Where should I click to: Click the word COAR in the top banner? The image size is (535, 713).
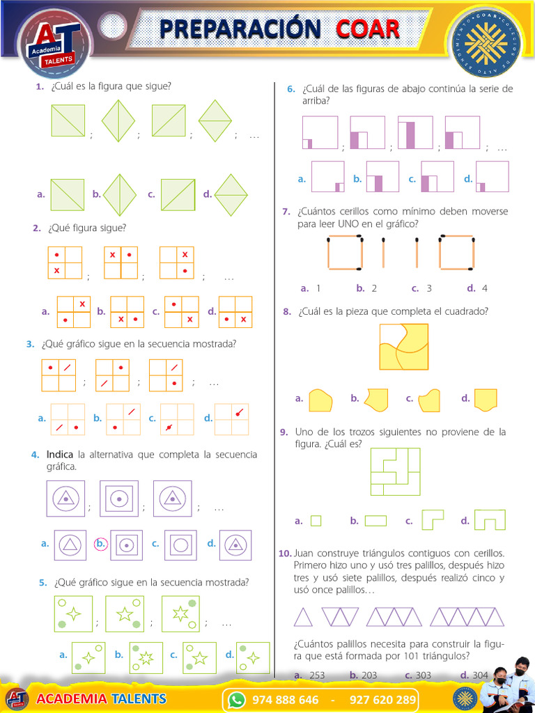[x=368, y=29]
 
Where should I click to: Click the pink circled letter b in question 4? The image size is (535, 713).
[x=100, y=543]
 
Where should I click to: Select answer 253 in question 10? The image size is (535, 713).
[x=317, y=675]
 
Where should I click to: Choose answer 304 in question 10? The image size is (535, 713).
[x=480, y=675]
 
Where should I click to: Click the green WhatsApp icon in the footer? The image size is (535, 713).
[x=237, y=699]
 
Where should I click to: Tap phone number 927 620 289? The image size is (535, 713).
[x=382, y=699]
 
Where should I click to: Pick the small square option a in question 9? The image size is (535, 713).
[x=316, y=521]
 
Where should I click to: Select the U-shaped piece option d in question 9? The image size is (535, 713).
[x=490, y=519]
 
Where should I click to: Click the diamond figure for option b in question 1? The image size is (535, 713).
[x=120, y=195]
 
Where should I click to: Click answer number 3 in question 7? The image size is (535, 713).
[x=429, y=288]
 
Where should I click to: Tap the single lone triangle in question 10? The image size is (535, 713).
[x=304, y=617]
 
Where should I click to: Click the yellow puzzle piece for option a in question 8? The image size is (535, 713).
[x=320, y=400]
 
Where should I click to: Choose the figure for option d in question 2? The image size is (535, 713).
[x=235, y=312]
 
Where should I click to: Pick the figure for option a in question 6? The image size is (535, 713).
[x=327, y=176]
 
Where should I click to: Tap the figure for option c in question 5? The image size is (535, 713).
[x=199, y=657]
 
